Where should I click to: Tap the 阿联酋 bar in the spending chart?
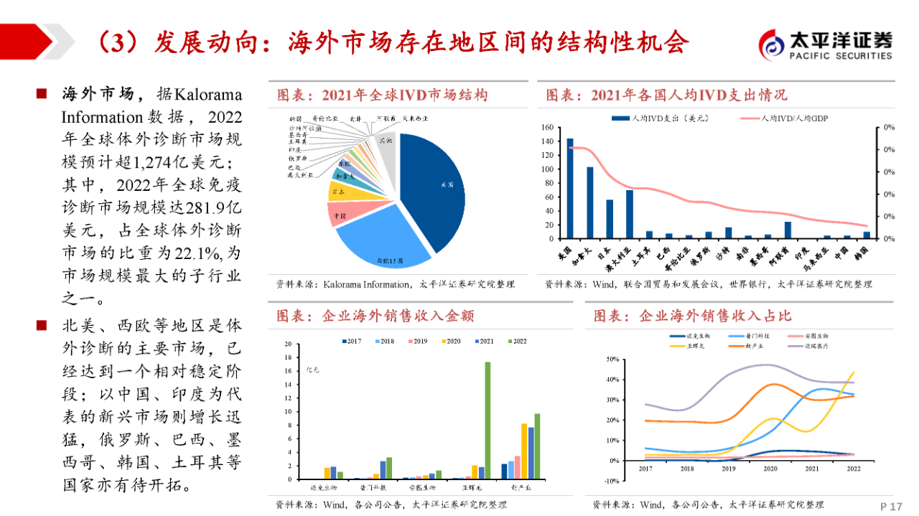788,230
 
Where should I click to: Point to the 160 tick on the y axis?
548,128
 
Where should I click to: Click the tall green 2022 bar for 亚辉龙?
488,420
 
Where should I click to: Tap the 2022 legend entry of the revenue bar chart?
516,342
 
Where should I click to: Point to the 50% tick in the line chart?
613,359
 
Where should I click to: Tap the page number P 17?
890,507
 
